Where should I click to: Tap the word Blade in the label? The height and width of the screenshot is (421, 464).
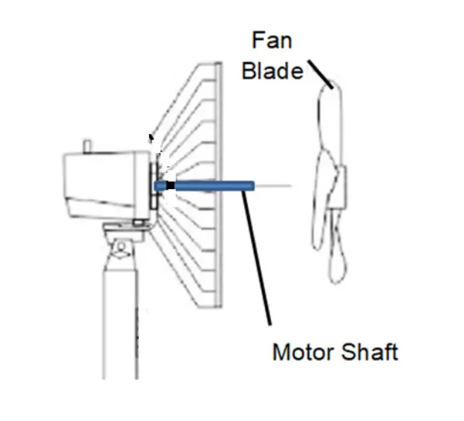(x=272, y=71)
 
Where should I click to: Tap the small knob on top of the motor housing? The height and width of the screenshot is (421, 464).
(x=88, y=143)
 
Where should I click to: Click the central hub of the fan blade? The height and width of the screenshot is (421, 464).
(x=339, y=186)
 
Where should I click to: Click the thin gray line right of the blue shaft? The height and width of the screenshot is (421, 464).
(x=274, y=185)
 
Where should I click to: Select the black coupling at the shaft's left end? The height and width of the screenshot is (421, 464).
(x=169, y=185)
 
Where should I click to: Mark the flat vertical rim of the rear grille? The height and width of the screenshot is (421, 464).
(x=218, y=185)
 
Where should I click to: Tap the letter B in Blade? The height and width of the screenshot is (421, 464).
(x=250, y=71)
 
